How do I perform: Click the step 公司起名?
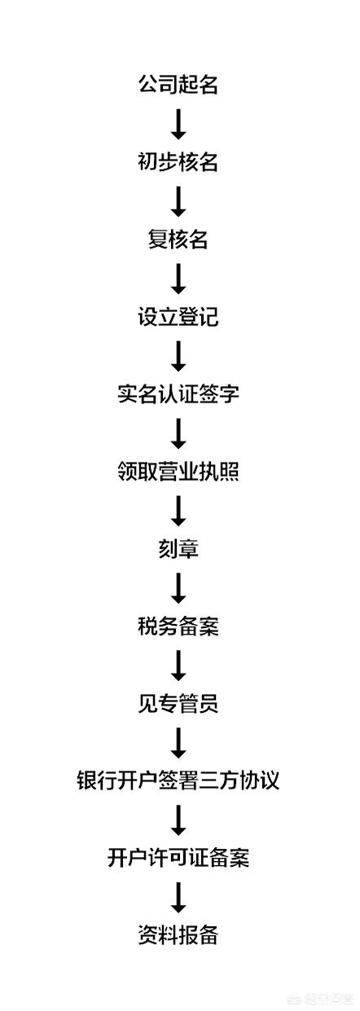178,85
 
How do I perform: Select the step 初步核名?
178,162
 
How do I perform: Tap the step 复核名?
178,240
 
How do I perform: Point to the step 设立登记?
178,316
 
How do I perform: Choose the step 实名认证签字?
178,393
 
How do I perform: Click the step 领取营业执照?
178,471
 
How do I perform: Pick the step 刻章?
178,548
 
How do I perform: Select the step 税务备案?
178,626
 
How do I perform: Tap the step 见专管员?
178,703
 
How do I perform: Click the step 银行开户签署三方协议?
178,780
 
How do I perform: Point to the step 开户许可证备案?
178,858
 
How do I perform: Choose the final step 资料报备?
178,935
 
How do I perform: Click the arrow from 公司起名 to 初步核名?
178,124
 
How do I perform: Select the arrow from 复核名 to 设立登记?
178,279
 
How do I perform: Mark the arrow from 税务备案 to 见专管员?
178,666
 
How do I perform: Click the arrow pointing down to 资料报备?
178,897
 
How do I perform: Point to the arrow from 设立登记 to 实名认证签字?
178,356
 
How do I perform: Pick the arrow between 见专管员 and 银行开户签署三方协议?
178,742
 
